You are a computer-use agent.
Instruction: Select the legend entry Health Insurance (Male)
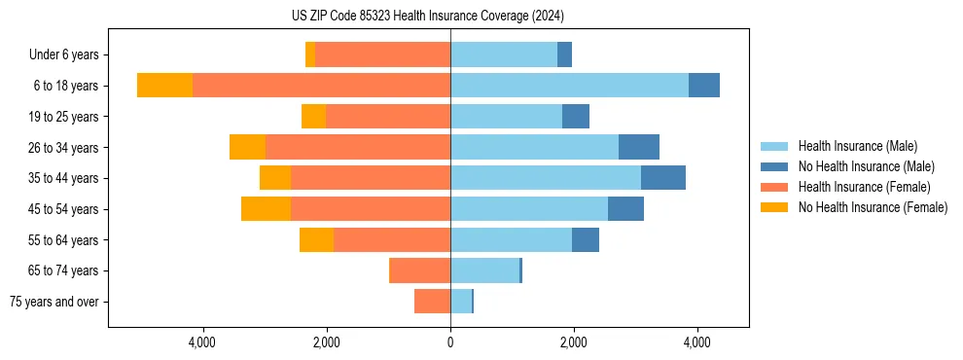click(x=857, y=146)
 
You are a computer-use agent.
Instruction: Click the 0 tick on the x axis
click(x=450, y=342)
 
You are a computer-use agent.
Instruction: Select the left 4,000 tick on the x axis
click(x=203, y=342)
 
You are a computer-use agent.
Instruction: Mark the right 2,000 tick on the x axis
click(x=573, y=342)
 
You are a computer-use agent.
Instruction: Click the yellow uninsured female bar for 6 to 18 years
click(x=164, y=86)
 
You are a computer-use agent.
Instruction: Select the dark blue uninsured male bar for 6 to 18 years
click(x=704, y=86)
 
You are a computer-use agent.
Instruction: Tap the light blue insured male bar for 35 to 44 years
click(x=546, y=178)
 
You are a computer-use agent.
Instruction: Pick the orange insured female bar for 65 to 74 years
click(x=419, y=270)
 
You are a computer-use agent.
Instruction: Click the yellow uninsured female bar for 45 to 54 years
click(x=266, y=209)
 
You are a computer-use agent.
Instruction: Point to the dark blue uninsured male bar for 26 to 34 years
click(x=639, y=147)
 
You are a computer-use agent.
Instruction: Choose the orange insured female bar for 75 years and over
click(x=432, y=302)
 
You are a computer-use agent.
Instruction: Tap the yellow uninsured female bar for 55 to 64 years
click(x=316, y=239)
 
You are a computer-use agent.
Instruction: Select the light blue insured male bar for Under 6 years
click(x=504, y=54)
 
